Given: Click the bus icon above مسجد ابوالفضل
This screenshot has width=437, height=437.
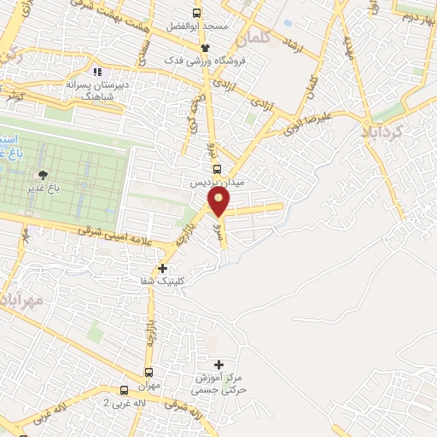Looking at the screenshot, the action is [197, 14].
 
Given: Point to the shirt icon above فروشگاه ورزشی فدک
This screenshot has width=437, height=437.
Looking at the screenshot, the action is [205, 48].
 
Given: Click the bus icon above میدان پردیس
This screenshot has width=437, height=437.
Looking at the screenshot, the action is [216, 169].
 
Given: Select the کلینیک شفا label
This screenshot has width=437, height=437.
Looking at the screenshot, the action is [164, 281].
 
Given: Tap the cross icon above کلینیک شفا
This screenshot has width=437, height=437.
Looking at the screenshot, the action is [162, 268].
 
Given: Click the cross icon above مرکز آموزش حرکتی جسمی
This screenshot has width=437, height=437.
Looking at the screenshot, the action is [218, 364].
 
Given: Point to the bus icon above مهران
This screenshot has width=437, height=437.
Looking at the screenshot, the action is [149, 372].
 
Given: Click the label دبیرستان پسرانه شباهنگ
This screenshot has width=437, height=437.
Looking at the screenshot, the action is [97, 90].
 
